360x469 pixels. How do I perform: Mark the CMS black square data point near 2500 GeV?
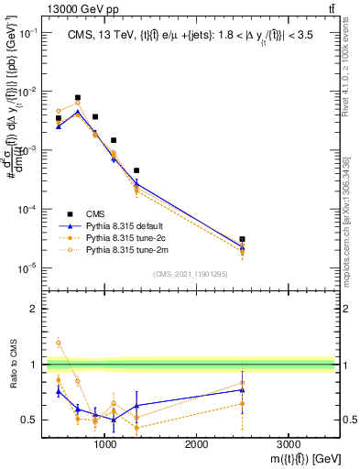pyautogui.click(x=242, y=239)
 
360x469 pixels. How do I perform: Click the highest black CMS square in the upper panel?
pyautogui.click(x=77, y=97)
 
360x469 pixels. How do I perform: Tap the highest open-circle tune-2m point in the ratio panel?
pyautogui.click(x=59, y=343)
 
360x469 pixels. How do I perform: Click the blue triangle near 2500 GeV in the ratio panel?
pyautogui.click(x=242, y=390)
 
